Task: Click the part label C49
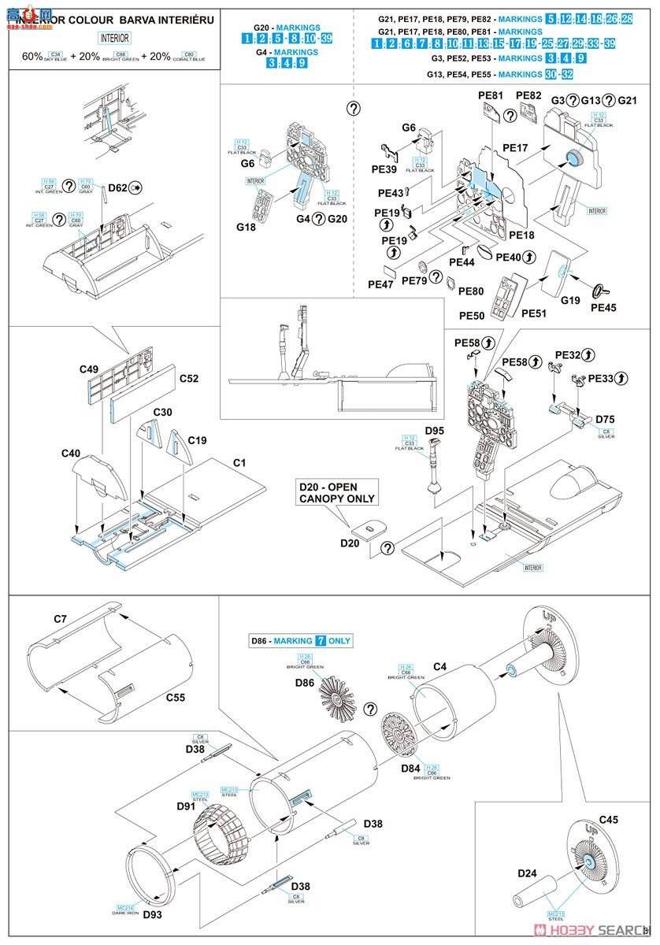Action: click(90, 369)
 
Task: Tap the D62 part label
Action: click(117, 187)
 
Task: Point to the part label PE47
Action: click(381, 284)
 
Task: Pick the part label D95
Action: click(435, 431)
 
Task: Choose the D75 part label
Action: click(606, 420)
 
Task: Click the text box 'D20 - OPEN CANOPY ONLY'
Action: click(336, 493)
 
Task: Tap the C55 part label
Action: click(176, 697)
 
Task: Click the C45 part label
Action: click(610, 821)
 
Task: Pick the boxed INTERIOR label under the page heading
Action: click(115, 38)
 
